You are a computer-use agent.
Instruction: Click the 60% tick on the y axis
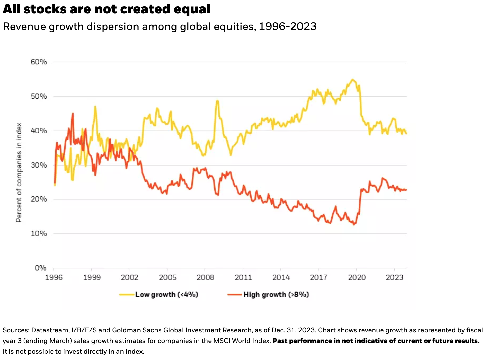pyautogui.click(x=39, y=62)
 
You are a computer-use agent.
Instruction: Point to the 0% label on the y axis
pyautogui.click(x=41, y=268)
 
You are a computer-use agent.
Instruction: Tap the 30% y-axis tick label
pyautogui.click(x=39, y=165)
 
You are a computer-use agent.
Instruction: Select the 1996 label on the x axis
pyautogui.click(x=54, y=277)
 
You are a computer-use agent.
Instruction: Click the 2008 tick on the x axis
pyautogui.click(x=205, y=277)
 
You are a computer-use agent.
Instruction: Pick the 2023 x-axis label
pyautogui.click(x=394, y=277)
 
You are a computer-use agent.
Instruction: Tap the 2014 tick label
pyautogui.click(x=281, y=277)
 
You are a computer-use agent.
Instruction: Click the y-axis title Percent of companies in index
pyautogui.click(x=19, y=172)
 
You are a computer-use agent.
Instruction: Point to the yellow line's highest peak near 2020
pyautogui.click(x=353, y=79)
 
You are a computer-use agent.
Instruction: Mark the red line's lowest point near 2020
pyautogui.click(x=354, y=225)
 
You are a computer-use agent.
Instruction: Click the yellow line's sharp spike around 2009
pyautogui.click(x=217, y=100)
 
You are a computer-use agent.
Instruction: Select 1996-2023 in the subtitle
pyautogui.click(x=288, y=26)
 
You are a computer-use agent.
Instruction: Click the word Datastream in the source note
pyautogui.click(x=50, y=330)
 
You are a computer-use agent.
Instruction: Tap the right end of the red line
pyautogui.click(x=406, y=190)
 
